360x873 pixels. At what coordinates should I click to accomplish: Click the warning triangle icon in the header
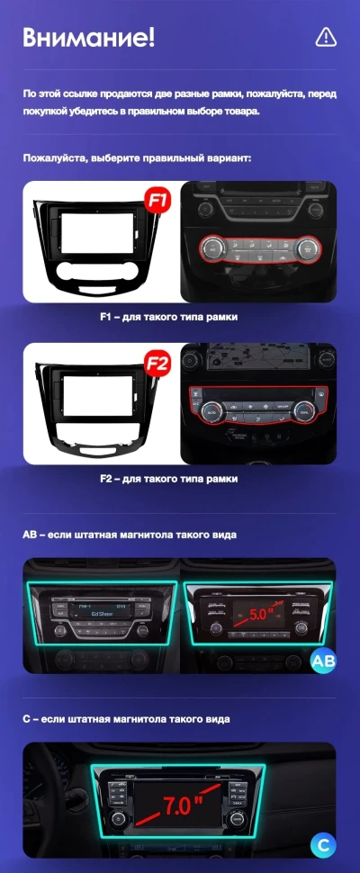point(326,37)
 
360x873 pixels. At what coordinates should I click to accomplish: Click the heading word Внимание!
point(89,37)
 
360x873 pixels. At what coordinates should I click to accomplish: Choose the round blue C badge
point(323,844)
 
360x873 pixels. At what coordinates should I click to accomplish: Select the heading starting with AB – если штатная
point(130,535)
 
